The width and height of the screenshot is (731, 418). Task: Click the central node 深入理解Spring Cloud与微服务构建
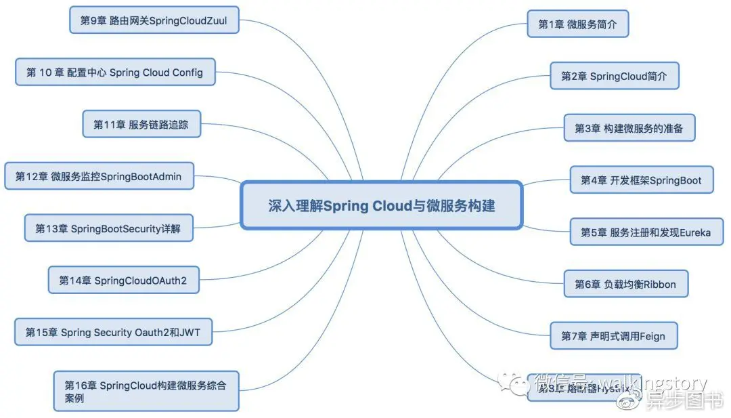381,205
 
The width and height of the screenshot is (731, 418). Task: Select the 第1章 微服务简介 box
577,24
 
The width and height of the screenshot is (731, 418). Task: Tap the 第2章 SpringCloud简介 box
614,76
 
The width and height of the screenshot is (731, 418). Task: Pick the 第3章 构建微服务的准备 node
629,127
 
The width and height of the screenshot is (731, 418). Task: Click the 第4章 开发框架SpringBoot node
641,180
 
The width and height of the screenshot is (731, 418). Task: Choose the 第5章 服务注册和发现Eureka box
646,232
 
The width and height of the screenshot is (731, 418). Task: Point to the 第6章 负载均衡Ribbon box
625,284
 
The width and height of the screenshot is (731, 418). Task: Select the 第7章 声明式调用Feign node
614,335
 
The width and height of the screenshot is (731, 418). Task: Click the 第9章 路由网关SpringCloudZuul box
154,20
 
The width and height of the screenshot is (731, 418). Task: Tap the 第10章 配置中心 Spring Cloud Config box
115,72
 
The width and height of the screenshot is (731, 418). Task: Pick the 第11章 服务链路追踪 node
141,124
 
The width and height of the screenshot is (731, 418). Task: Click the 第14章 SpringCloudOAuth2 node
123,280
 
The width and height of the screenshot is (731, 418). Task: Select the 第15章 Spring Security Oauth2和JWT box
113,332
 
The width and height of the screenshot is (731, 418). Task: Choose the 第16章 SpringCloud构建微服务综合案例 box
146,391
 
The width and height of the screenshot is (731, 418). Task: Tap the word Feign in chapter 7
653,335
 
